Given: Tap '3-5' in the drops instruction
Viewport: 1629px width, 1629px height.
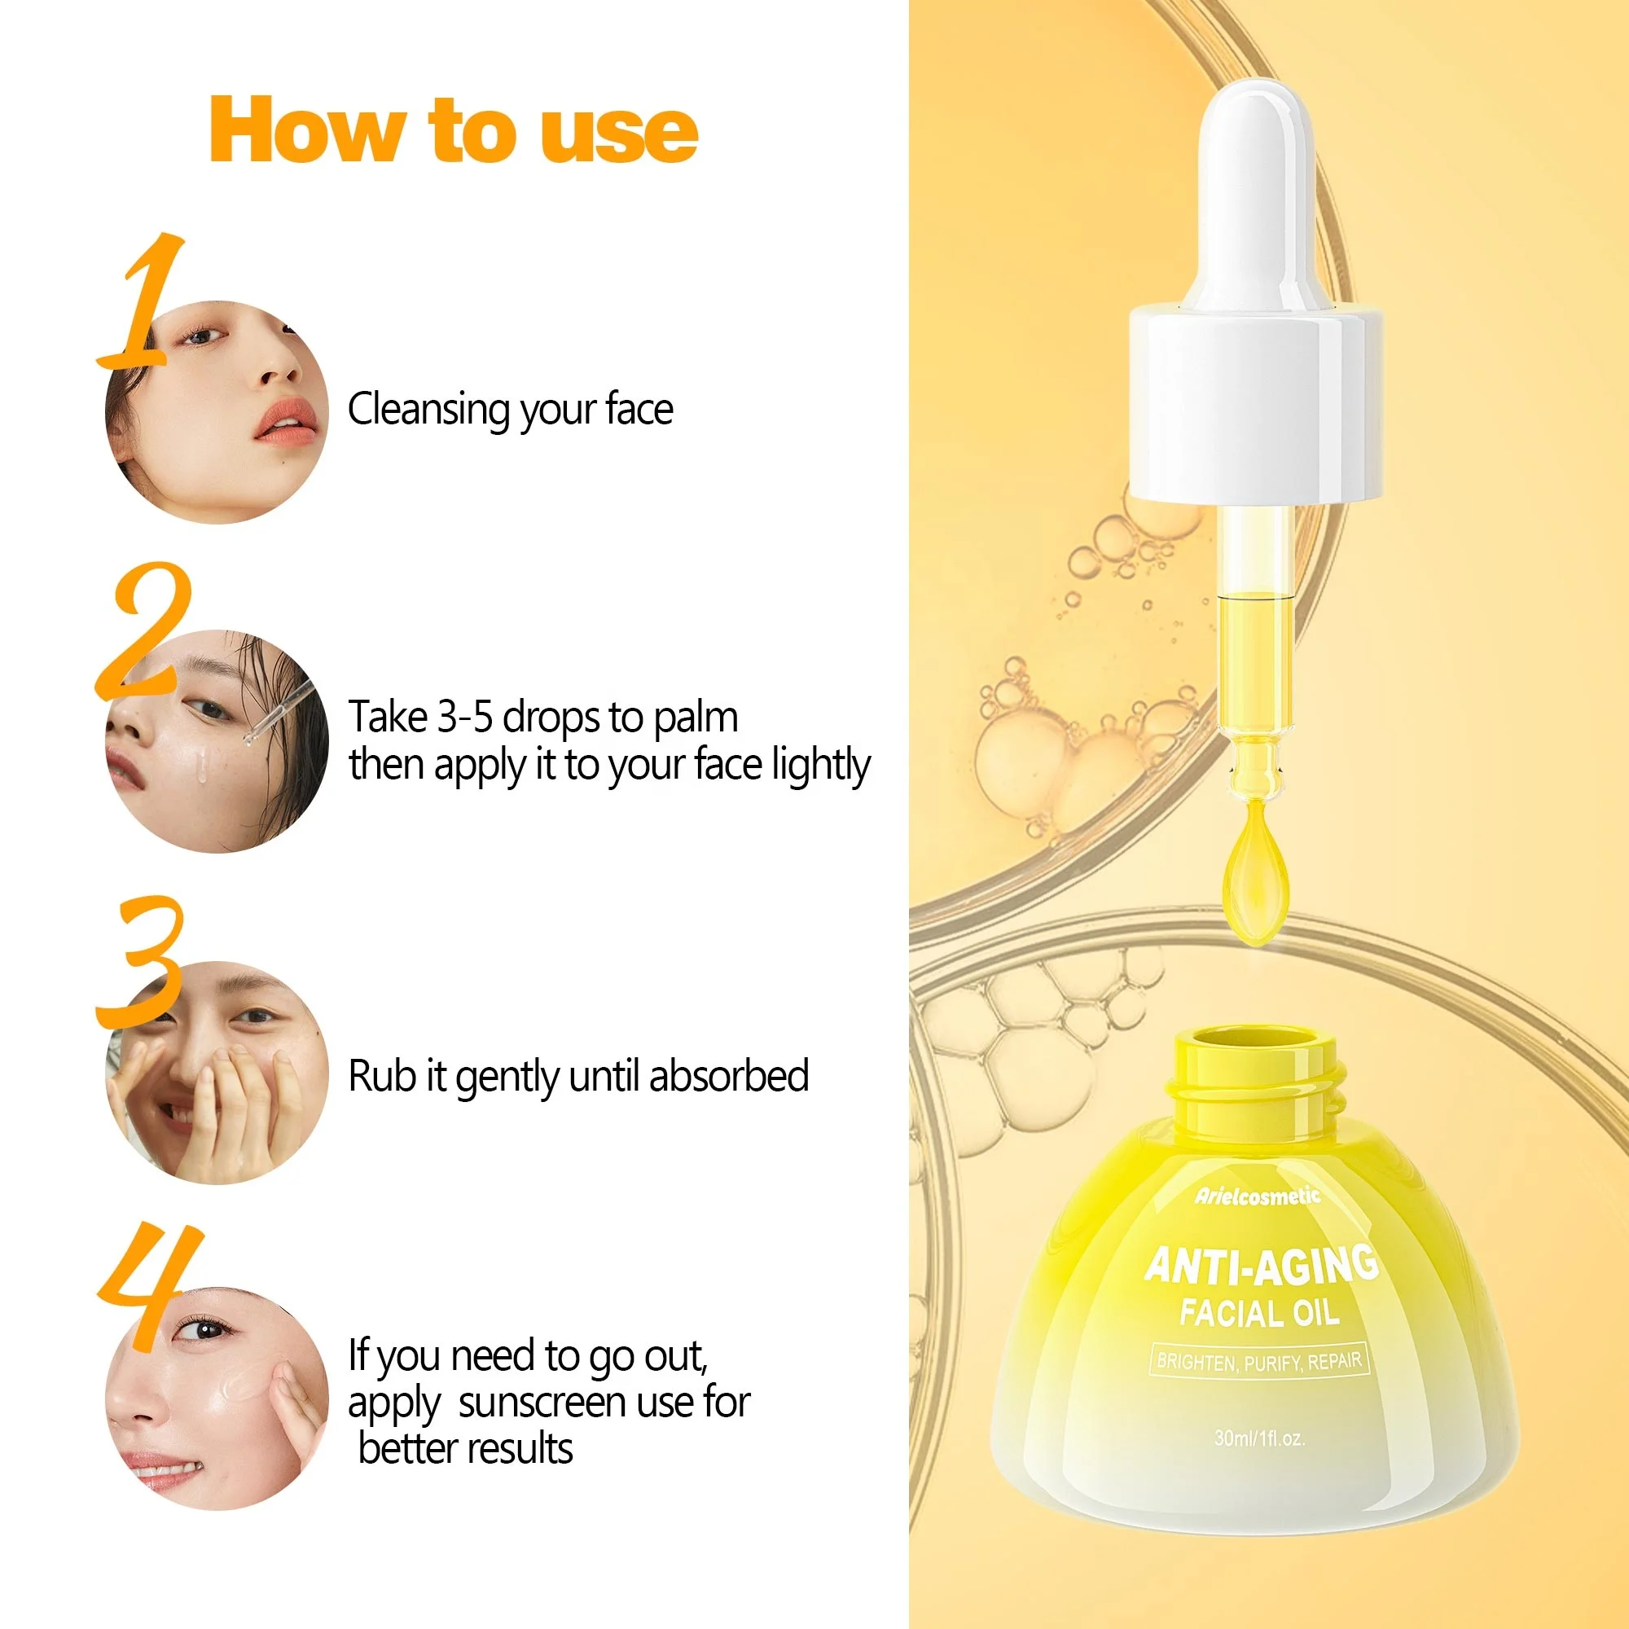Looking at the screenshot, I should [x=464, y=718].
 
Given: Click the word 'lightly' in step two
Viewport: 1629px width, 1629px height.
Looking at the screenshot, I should [x=820, y=766].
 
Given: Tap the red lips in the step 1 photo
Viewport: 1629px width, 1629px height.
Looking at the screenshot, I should [x=287, y=421].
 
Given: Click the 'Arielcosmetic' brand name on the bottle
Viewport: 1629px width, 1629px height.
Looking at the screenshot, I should [x=1256, y=1196].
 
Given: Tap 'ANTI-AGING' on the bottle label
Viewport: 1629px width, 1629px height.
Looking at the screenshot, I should [x=1261, y=1266].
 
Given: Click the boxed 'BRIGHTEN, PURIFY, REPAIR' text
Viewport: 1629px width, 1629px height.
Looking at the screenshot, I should [x=1258, y=1361].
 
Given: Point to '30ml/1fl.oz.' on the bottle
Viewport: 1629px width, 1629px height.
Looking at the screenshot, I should [x=1260, y=1438].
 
